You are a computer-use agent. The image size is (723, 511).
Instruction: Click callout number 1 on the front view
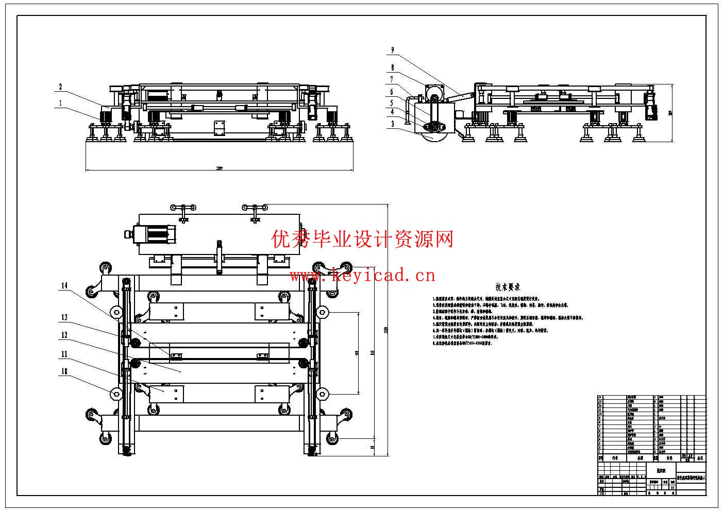[60, 103]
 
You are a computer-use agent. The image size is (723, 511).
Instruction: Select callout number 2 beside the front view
[60, 87]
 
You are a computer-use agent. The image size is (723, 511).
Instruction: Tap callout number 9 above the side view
[393, 50]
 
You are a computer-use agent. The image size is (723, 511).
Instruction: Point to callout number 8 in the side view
[393, 67]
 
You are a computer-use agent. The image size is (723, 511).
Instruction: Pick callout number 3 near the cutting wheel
[393, 124]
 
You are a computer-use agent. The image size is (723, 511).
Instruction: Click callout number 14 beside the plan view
[64, 285]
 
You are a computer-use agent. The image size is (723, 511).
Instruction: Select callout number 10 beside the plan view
[64, 371]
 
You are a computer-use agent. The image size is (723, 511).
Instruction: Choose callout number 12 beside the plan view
[64, 335]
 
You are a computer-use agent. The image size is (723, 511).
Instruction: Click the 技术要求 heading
[508, 287]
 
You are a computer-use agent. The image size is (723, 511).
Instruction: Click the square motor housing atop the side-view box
[434, 93]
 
